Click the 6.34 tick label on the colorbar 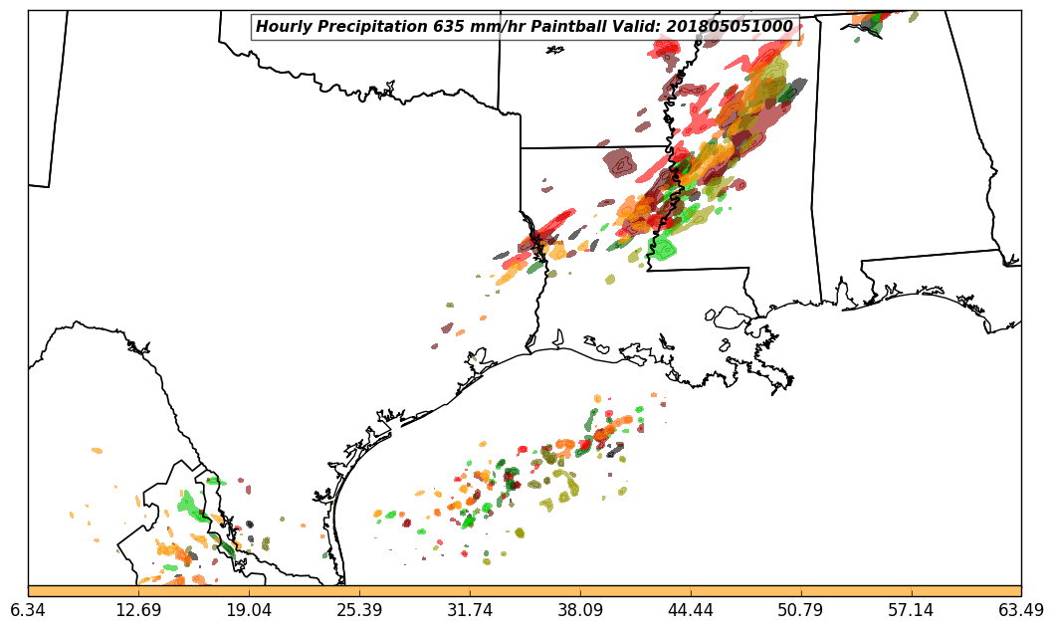(28, 610)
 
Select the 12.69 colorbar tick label (138, 610)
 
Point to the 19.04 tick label (249, 610)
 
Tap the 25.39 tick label (359, 610)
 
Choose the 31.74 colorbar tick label (470, 610)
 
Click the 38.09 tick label (580, 610)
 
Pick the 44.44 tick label (691, 610)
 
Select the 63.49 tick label (1021, 610)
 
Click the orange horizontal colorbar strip (525, 591)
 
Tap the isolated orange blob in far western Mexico (97, 451)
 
